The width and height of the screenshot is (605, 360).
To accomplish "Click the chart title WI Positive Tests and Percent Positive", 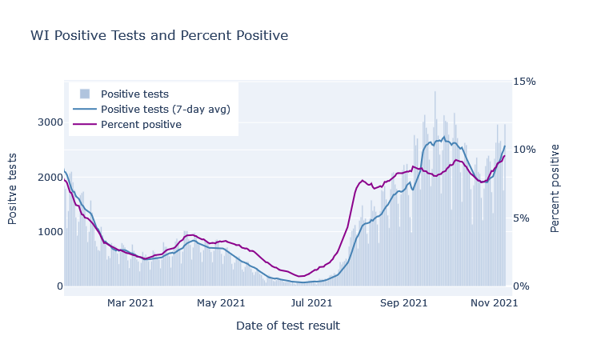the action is pos(159,35).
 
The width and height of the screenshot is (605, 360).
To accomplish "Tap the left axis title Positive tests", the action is pos(12,189).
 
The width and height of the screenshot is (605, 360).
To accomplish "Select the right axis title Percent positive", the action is pos(555,188).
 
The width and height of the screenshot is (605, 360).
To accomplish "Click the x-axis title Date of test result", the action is pos(288,326).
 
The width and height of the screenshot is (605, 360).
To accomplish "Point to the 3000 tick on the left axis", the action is pos(50,122).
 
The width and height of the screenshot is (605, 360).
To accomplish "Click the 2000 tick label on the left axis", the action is pos(50,177).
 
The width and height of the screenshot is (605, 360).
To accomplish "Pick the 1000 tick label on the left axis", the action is pos(50,231).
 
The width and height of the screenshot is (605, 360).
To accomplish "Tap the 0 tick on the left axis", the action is pos(60,286).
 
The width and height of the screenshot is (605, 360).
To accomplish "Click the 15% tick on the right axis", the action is pos(524,82).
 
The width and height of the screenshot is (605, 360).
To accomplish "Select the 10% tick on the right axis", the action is pos(524,150).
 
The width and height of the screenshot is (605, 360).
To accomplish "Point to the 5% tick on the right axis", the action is pos(521,218).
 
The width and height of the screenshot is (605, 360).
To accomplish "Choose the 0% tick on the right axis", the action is pos(521,286).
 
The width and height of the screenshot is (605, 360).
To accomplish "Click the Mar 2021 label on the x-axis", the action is pos(130,303).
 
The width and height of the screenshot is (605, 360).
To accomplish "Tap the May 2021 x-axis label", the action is pos(221,303).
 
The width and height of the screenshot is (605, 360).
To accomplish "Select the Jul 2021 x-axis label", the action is pos(311,303).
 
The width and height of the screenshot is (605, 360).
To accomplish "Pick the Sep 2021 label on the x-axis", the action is pos(403,303).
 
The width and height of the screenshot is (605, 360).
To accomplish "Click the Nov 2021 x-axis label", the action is pos(494,303).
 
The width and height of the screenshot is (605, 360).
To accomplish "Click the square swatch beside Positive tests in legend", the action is pos(85,94).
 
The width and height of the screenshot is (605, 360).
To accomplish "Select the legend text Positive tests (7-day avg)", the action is pos(166,109).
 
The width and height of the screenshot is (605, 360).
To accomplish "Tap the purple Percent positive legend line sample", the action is pos(85,124).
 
